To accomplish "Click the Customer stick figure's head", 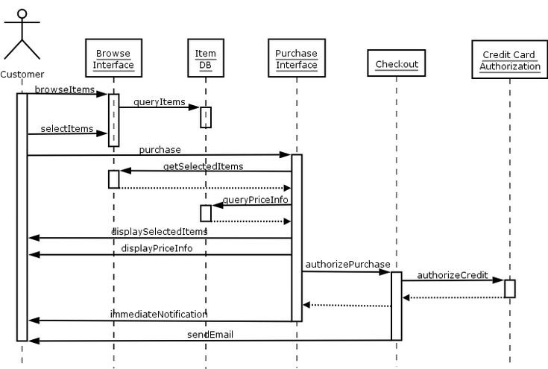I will point(22,14).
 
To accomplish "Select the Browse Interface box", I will point(113,59).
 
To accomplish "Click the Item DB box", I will point(205,59).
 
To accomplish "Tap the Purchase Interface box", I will point(296,59).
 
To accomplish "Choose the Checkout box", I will point(396,65).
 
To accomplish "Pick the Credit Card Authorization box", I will point(510,60).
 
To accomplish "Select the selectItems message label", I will point(67,129).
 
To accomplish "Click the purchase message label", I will point(160,150).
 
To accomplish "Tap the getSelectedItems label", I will point(203,166).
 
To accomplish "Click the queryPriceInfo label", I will point(256,199).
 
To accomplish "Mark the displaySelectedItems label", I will point(159,232).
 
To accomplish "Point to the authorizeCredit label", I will point(452,276).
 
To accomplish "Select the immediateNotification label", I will point(159,315).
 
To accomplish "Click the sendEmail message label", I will point(210,335).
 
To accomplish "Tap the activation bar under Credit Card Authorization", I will point(510,288).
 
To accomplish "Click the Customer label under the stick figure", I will point(22,74).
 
